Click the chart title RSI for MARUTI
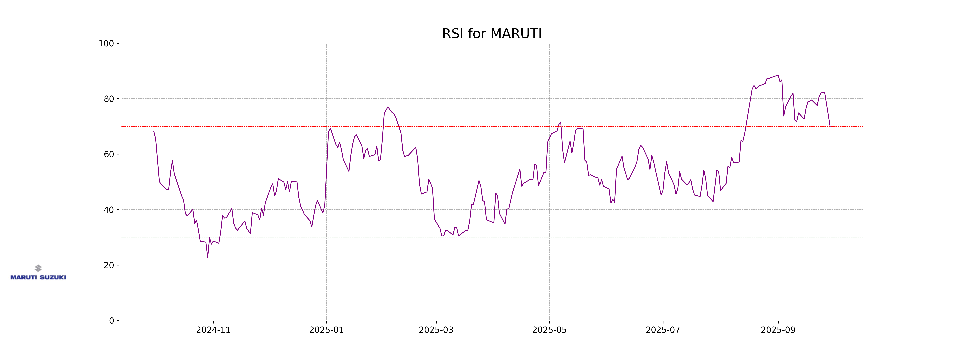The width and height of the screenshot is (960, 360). pyautogui.click(x=492, y=34)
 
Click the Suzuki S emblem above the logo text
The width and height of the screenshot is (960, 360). pyautogui.click(x=38, y=268)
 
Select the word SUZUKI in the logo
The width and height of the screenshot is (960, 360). pyautogui.click(x=53, y=277)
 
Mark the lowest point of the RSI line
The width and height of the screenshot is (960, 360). pyautogui.click(x=208, y=257)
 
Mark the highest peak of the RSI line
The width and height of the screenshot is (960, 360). pyautogui.click(x=778, y=75)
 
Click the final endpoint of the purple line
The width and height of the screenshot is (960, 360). pyautogui.click(x=830, y=127)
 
